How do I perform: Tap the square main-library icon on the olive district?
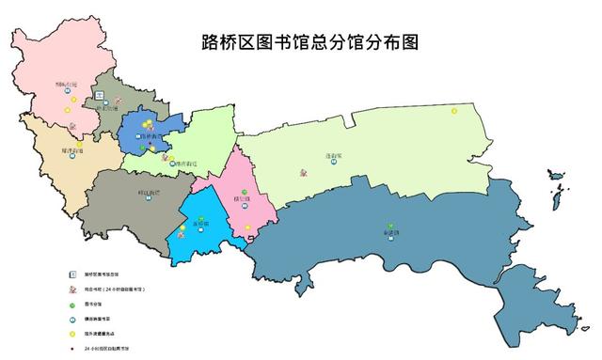(x=98, y=97)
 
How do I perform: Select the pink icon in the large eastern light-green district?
(x=303, y=173)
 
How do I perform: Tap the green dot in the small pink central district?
(x=245, y=193)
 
